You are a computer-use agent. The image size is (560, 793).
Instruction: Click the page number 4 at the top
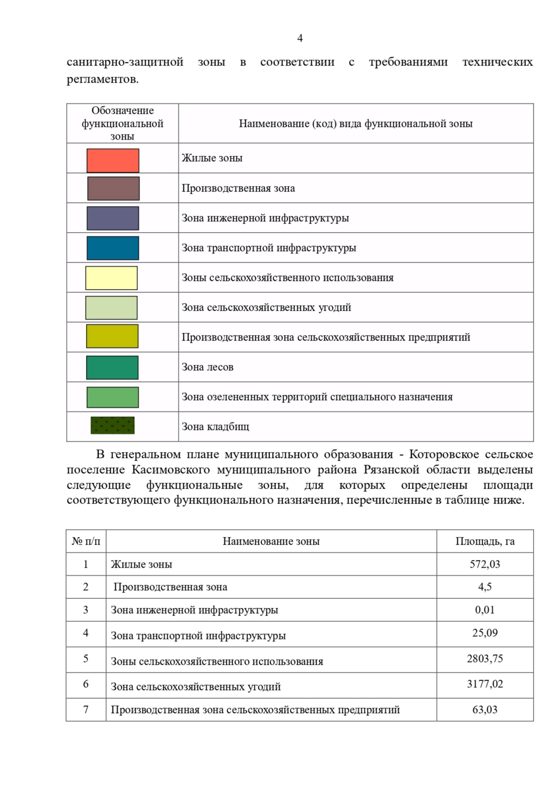(300, 38)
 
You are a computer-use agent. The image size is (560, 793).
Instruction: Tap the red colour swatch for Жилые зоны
(113, 161)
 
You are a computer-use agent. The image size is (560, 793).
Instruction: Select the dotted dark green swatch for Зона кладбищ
(112, 425)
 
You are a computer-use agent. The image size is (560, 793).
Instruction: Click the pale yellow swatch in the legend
(112, 278)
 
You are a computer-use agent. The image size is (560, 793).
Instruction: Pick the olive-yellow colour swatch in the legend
(112, 336)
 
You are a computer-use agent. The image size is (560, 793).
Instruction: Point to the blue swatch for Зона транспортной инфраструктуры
(113, 248)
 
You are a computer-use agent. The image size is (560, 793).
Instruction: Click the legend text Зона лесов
(208, 367)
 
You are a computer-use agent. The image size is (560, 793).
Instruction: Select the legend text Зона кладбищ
(216, 427)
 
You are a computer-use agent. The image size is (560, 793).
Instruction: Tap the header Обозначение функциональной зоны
(122, 123)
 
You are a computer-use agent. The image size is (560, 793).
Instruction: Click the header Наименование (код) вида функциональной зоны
(356, 124)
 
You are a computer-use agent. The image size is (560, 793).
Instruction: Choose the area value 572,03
(485, 564)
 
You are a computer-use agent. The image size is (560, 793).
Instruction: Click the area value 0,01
(485, 610)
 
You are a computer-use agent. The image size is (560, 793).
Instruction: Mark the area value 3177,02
(485, 684)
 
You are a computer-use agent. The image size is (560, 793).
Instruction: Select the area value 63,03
(485, 710)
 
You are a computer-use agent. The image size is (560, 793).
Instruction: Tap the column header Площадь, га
(485, 541)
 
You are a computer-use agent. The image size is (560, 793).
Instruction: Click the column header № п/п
(86, 541)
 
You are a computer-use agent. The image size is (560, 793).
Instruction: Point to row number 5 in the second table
(86, 658)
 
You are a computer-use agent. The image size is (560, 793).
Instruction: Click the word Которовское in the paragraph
(444, 454)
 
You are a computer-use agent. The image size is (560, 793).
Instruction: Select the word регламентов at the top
(102, 79)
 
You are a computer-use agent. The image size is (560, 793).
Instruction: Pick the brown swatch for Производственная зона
(113, 189)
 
